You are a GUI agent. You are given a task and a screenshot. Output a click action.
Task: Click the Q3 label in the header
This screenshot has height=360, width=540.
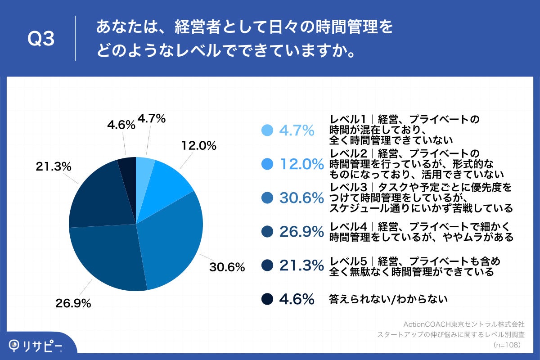pyautogui.click(x=41, y=40)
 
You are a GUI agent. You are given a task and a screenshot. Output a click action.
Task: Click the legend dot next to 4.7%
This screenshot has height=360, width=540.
pyautogui.click(x=267, y=130)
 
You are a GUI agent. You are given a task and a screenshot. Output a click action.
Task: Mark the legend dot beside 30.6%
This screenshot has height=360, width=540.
pyautogui.click(x=267, y=198)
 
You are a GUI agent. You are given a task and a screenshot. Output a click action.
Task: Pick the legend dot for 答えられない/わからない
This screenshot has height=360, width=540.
pyautogui.click(x=267, y=299)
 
